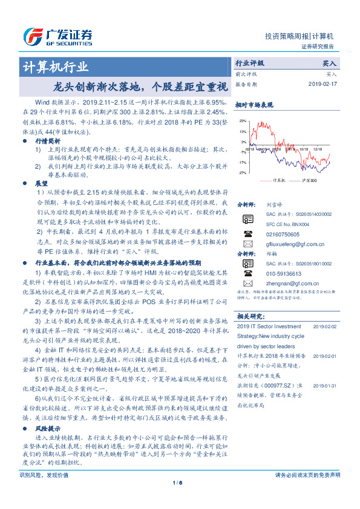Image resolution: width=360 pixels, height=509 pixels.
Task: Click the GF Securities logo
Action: (57, 34)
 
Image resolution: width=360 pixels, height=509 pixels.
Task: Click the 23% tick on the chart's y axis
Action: (242, 121)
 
